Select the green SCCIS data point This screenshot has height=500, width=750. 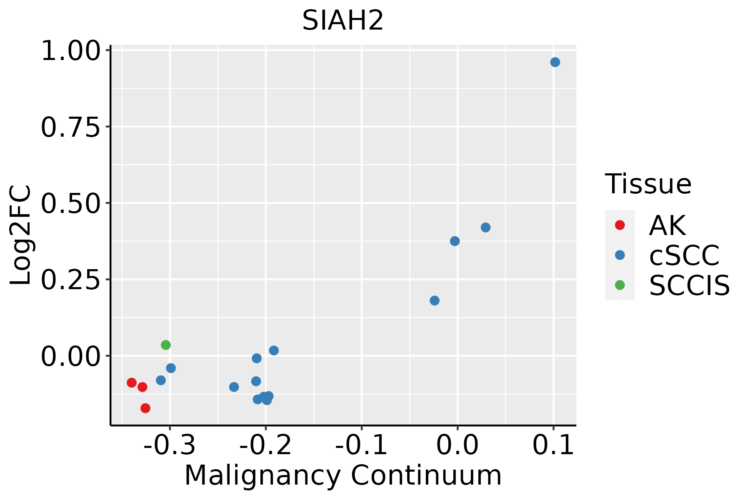point(166,345)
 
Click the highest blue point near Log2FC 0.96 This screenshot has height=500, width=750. point(555,62)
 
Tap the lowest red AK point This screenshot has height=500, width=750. point(145,408)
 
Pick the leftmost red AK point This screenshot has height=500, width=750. point(132,382)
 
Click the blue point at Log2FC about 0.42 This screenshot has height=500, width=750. point(485,227)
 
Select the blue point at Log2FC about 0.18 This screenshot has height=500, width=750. point(435,300)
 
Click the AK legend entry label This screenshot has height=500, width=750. point(667,225)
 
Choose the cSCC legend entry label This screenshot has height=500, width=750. point(684,255)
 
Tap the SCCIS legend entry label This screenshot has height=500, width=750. point(690,285)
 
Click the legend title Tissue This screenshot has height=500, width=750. point(648,184)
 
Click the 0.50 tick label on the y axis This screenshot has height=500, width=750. point(71,203)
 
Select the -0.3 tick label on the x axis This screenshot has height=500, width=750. point(170,445)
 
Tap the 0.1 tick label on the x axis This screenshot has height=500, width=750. point(553,445)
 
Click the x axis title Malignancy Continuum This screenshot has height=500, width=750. point(343,475)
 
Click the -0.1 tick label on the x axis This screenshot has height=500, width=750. point(361,445)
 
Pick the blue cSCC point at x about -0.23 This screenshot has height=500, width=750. point(234,387)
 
